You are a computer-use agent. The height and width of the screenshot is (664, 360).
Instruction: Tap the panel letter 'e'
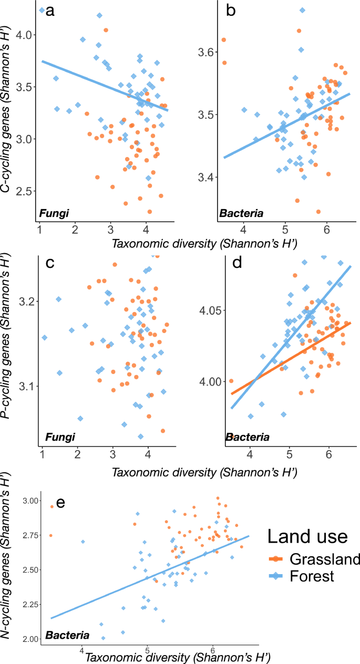[60, 503]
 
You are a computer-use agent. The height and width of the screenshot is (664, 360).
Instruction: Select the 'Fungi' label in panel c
[57, 437]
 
